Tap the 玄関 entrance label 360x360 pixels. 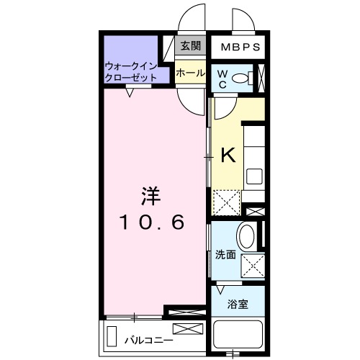pos(190,47)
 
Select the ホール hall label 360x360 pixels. pos(190,73)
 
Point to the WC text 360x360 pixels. pos(222,79)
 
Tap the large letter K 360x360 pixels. pos(228,154)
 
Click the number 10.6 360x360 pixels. pos(153,222)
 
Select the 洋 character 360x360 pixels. pos(151,194)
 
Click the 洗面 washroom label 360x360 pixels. pos(225,254)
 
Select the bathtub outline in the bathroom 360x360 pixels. pos(238,336)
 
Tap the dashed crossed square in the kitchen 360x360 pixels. pos(228,202)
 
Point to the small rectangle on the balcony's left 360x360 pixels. pos(112,336)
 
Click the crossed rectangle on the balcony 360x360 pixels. pos(184,329)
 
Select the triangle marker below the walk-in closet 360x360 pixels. pos(130,91)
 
